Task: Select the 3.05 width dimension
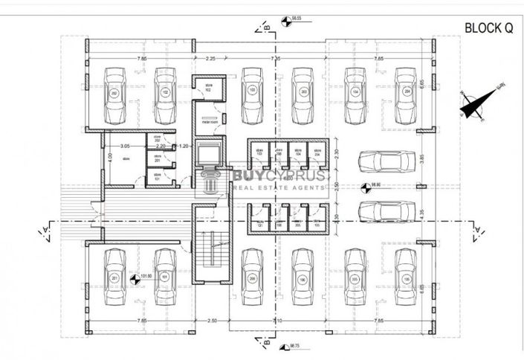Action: click(125, 147)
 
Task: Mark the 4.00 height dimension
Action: click(109, 158)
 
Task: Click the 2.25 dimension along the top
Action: click(210, 57)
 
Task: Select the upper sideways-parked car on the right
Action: click(385, 161)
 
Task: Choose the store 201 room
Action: click(158, 158)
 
